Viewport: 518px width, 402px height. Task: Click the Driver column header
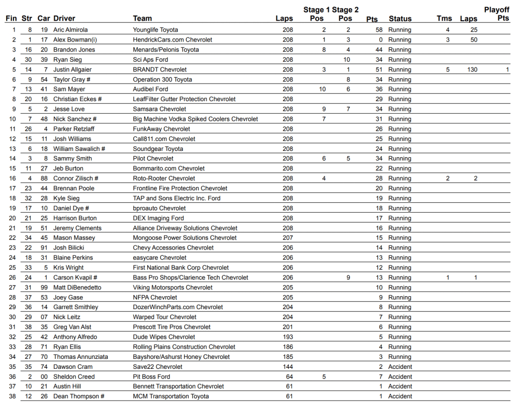(64, 19)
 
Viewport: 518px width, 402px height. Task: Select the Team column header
(142, 19)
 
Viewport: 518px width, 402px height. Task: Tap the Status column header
(400, 19)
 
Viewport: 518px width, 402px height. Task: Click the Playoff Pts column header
(496, 14)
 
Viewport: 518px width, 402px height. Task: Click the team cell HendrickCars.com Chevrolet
(172, 40)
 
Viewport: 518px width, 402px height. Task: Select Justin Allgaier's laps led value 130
(472, 70)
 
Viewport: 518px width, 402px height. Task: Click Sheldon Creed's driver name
(74, 377)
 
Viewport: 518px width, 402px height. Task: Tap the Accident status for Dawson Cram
(400, 367)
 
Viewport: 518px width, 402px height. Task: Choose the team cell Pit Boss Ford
(151, 377)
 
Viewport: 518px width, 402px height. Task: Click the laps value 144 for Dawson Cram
(287, 367)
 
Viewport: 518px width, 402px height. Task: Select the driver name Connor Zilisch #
(76, 178)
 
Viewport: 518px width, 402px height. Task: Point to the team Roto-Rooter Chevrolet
(164, 178)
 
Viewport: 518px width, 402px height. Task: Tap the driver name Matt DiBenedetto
(77, 287)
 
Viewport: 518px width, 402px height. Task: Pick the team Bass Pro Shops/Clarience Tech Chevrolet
(190, 278)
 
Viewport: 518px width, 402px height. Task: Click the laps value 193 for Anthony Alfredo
(287, 337)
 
